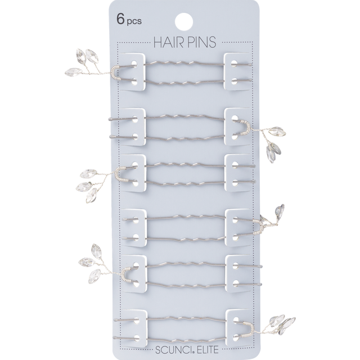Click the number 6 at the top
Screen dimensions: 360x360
[x=120, y=19]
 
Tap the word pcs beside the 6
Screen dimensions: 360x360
[x=134, y=21]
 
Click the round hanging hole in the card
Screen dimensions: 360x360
[x=184, y=22]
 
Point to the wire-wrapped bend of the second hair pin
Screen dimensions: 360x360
[x=247, y=128]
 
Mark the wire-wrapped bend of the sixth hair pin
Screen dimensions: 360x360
[x=251, y=330]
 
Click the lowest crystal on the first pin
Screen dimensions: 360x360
[x=73, y=72]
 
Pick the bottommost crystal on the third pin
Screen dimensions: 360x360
[x=92, y=195]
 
